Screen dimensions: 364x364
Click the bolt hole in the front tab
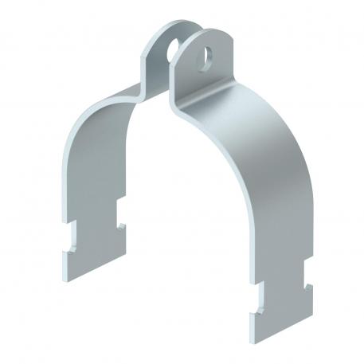(x=207, y=57)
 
